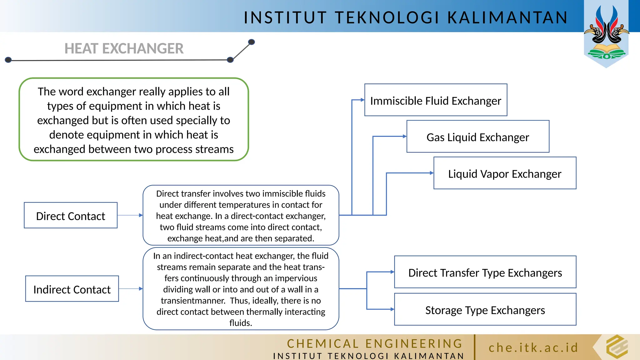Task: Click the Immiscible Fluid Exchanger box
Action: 436,100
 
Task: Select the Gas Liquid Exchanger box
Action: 477,137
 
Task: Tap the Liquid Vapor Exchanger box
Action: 505,173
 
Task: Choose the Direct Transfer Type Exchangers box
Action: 485,272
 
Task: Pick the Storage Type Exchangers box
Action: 485,309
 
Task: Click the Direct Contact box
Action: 71,215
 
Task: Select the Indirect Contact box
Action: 72,289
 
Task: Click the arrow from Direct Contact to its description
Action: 130,215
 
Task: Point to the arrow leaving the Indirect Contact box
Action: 131,289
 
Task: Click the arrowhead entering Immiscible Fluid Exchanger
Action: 362,100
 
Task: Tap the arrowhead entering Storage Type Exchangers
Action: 392,309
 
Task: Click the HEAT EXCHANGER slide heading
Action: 124,49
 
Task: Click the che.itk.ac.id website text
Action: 533,348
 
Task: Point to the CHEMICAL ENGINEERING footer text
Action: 375,343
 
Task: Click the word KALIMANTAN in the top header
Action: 507,17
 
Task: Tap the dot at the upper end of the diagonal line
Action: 251,42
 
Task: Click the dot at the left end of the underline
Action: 8,60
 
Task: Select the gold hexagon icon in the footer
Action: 617,347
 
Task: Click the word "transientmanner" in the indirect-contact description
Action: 193,301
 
